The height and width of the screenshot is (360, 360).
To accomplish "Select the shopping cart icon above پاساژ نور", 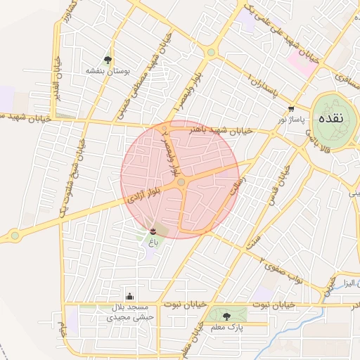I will point(291,109).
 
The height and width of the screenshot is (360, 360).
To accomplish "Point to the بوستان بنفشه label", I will point(105,71).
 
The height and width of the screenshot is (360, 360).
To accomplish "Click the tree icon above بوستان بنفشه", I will point(108,60).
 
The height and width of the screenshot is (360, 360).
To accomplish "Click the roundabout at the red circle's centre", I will point(181,183).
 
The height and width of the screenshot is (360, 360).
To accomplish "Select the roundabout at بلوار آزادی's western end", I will point(14,236).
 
